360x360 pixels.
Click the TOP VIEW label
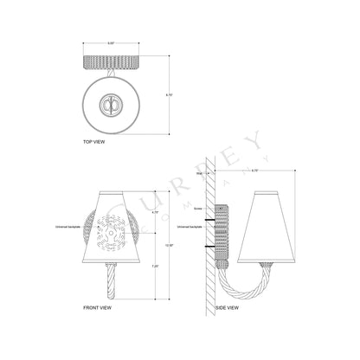click(94, 141)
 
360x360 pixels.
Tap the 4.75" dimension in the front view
click(155, 211)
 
